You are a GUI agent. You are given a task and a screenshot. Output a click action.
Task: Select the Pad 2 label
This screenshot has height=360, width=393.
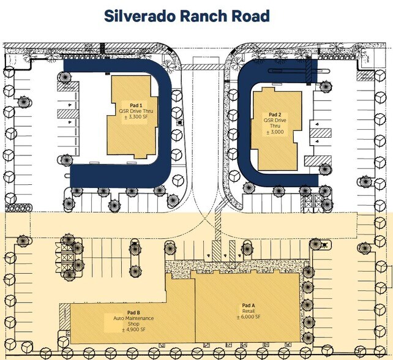(275, 114)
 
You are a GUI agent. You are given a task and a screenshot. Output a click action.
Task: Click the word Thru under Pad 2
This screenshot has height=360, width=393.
(275, 126)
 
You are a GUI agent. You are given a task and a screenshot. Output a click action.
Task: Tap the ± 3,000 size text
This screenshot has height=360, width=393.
(275, 132)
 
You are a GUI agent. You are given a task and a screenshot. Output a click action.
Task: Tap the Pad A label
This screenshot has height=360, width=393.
(247, 305)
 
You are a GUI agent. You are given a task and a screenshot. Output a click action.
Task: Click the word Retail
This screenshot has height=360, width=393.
(247, 310)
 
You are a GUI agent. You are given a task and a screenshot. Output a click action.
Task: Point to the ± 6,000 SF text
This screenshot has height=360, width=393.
(247, 317)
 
